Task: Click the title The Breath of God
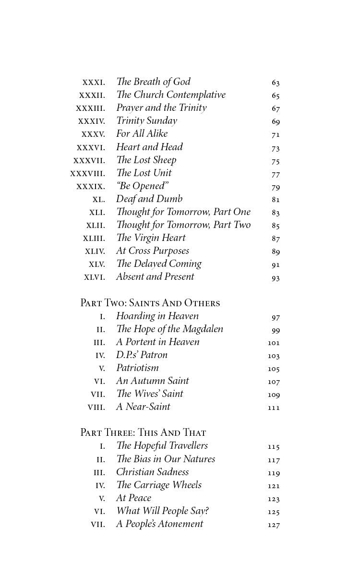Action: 153,82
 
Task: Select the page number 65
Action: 275,96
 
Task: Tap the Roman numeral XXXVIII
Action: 87,174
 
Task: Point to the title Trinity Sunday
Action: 146,121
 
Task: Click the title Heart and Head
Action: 149,147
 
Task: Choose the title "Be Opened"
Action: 143,186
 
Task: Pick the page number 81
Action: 275,200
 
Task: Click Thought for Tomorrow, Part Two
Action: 183,225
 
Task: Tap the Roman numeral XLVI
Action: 94,277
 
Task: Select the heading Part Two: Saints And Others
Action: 150,303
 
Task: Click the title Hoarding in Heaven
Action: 157,316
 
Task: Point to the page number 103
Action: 274,356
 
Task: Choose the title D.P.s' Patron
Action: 142,355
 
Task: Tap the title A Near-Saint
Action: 143,407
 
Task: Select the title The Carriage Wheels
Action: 158,485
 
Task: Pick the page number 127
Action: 274,525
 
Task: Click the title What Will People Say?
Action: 162,511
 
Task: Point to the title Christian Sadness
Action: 152,472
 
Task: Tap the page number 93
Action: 275,278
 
